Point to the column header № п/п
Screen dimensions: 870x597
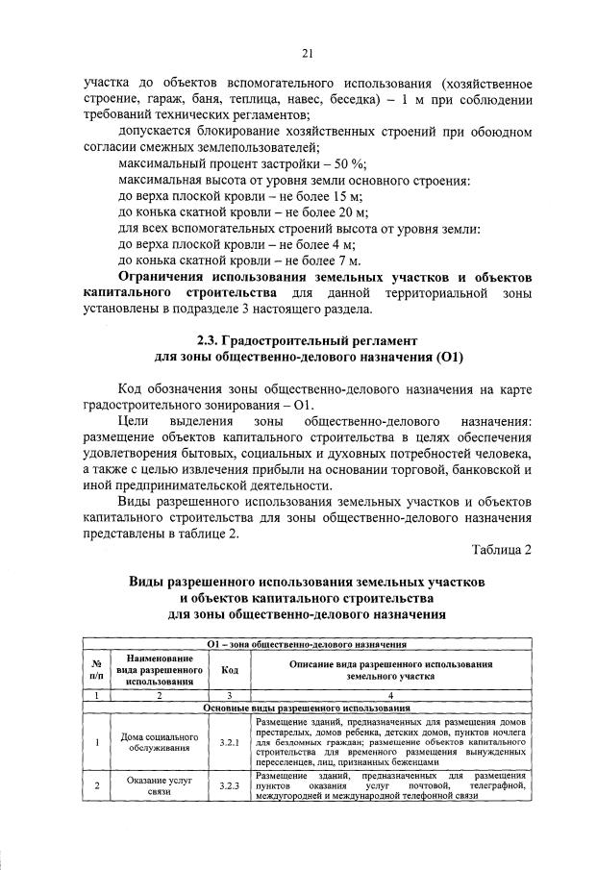[96, 669]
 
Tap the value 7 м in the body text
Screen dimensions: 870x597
[348, 260]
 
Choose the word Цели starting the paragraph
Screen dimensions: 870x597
[132, 422]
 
